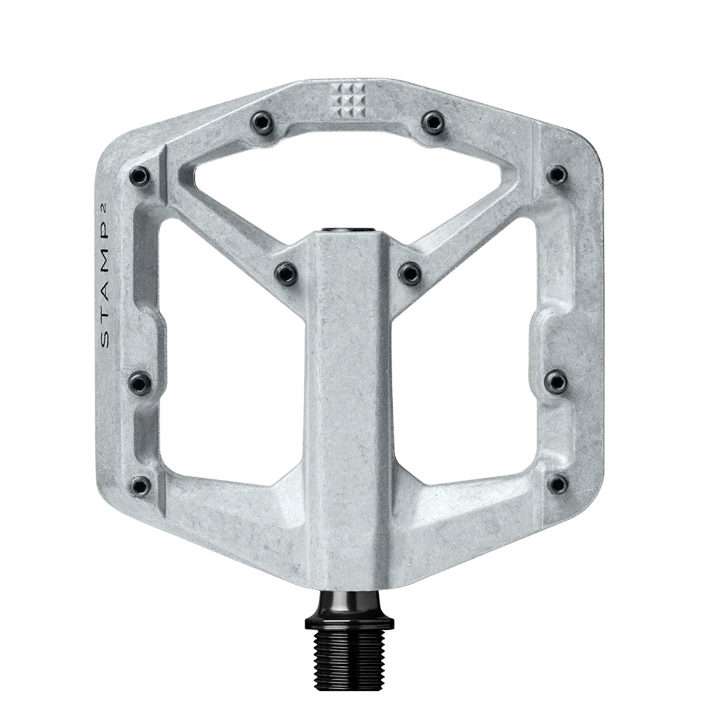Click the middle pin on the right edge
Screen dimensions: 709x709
point(555,378)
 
